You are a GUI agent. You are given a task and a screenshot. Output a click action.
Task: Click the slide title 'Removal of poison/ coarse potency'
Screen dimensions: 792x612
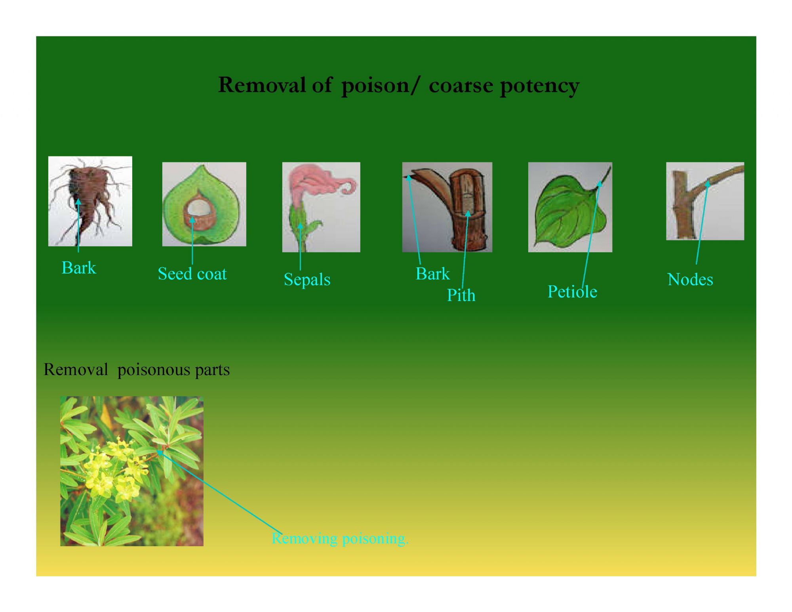click(399, 85)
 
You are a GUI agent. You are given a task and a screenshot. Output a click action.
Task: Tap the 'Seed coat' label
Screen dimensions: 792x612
click(192, 274)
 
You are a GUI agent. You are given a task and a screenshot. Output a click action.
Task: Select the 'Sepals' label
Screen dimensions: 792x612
click(307, 280)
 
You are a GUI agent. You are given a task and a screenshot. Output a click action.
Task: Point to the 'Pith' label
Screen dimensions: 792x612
click(461, 295)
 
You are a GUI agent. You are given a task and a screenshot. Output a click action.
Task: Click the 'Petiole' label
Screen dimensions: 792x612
click(572, 292)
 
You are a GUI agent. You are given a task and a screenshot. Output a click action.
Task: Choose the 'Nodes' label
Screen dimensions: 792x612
click(690, 280)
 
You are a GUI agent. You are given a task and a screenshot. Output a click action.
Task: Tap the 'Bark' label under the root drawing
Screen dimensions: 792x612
click(79, 268)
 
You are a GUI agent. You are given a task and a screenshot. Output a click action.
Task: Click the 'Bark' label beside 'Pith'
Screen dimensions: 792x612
click(433, 274)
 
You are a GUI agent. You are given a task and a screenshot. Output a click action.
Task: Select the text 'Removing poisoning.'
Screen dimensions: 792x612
click(340, 539)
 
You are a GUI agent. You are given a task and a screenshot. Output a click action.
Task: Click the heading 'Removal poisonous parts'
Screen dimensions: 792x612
click(137, 370)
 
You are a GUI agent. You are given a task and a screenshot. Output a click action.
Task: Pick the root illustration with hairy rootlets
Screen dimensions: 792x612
click(90, 201)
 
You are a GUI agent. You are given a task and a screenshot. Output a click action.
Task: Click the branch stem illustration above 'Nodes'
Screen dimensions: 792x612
click(705, 201)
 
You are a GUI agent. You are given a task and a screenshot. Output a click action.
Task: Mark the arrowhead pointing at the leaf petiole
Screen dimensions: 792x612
click(600, 184)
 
